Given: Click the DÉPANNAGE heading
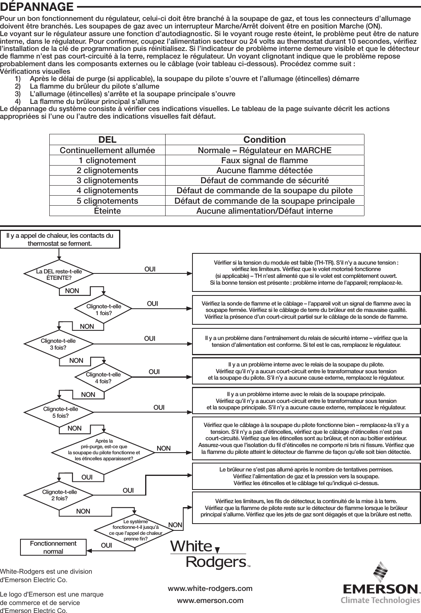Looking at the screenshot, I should [x=37, y=7].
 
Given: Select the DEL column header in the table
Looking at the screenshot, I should [x=107, y=140].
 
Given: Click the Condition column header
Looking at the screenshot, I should [x=265, y=140].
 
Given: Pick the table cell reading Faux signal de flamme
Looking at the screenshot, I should [x=265, y=160].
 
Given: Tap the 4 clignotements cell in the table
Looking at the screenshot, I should [x=107, y=190].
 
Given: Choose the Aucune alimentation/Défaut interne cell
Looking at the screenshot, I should [x=265, y=211].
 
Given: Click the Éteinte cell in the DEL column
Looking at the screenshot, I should [x=107, y=211].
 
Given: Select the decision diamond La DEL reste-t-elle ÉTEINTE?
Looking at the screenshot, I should [x=59, y=274].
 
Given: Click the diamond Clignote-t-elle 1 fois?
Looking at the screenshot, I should [x=104, y=310].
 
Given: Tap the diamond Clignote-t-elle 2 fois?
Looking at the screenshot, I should [x=59, y=495].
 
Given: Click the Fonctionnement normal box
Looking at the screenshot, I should [x=53, y=547].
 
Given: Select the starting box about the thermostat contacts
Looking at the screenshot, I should [x=60, y=239].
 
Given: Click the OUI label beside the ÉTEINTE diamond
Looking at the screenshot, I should [x=150, y=269].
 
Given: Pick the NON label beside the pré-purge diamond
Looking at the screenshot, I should [x=164, y=448].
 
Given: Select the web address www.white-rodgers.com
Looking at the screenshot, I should [x=210, y=589].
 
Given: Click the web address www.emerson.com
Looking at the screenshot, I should [x=210, y=601].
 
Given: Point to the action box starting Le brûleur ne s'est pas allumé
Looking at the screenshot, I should [x=306, y=476].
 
